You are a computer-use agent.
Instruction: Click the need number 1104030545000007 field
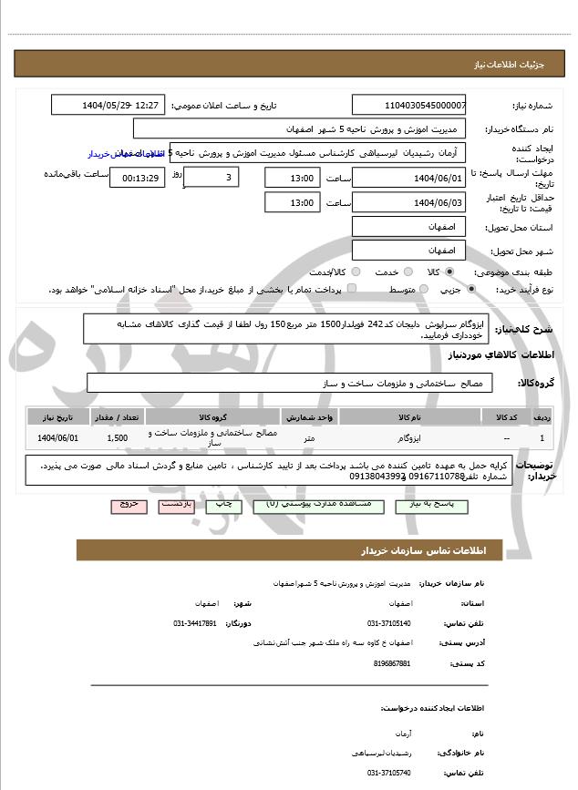tap(408, 106)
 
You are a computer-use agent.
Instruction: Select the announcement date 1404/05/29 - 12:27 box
tap(108, 106)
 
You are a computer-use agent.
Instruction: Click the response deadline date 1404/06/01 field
tap(408, 177)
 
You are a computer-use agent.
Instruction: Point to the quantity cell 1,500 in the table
tap(117, 437)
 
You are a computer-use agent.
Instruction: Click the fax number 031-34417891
tap(195, 623)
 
